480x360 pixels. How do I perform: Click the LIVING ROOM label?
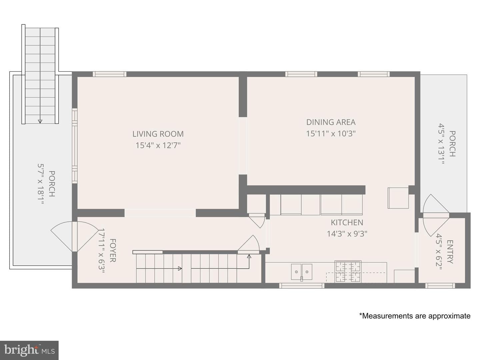click(x=158, y=134)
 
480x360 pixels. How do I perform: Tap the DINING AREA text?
click(x=331, y=122)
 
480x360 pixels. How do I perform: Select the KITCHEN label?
click(x=347, y=223)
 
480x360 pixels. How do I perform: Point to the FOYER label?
click(x=113, y=250)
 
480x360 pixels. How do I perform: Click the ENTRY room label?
click(x=450, y=252)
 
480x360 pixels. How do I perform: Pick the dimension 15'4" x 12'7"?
click(x=158, y=145)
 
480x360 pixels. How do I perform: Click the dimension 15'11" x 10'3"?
click(x=331, y=134)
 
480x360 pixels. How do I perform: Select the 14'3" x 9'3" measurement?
click(x=347, y=234)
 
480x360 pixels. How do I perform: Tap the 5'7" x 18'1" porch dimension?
click(x=41, y=184)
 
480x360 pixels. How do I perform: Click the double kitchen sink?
click(x=301, y=272)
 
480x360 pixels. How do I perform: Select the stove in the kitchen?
click(x=348, y=271)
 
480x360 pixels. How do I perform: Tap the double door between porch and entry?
click(x=436, y=216)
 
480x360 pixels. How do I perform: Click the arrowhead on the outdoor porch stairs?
click(x=40, y=121)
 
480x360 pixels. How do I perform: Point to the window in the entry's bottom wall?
click(x=440, y=285)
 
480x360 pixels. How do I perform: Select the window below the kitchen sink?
click(x=302, y=285)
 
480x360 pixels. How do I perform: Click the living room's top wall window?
click(x=110, y=74)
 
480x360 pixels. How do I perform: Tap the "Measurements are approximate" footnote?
click(x=415, y=316)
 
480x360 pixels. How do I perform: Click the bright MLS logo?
click(x=29, y=350)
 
